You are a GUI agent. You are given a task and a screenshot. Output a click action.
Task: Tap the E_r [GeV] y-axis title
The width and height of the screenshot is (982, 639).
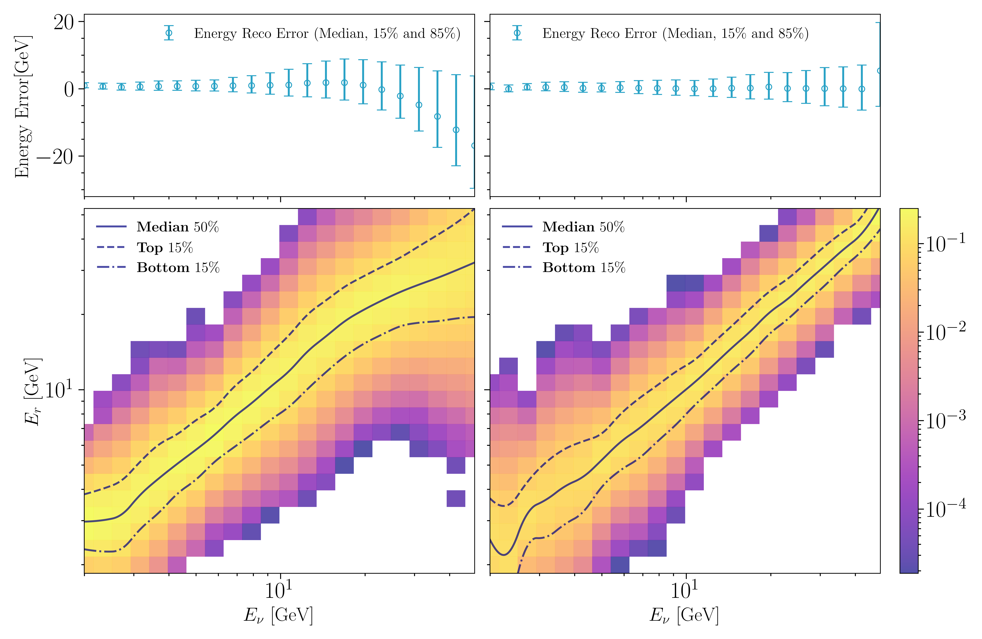click(32, 391)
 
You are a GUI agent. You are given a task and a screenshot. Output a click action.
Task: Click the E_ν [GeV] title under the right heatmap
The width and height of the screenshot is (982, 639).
click(684, 615)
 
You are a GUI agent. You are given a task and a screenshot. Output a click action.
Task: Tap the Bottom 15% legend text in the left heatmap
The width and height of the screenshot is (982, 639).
click(178, 268)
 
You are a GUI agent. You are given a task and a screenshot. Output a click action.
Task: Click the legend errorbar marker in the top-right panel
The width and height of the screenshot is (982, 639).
click(517, 33)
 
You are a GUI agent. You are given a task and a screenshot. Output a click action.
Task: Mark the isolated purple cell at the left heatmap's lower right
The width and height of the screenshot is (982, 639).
click(456, 498)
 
